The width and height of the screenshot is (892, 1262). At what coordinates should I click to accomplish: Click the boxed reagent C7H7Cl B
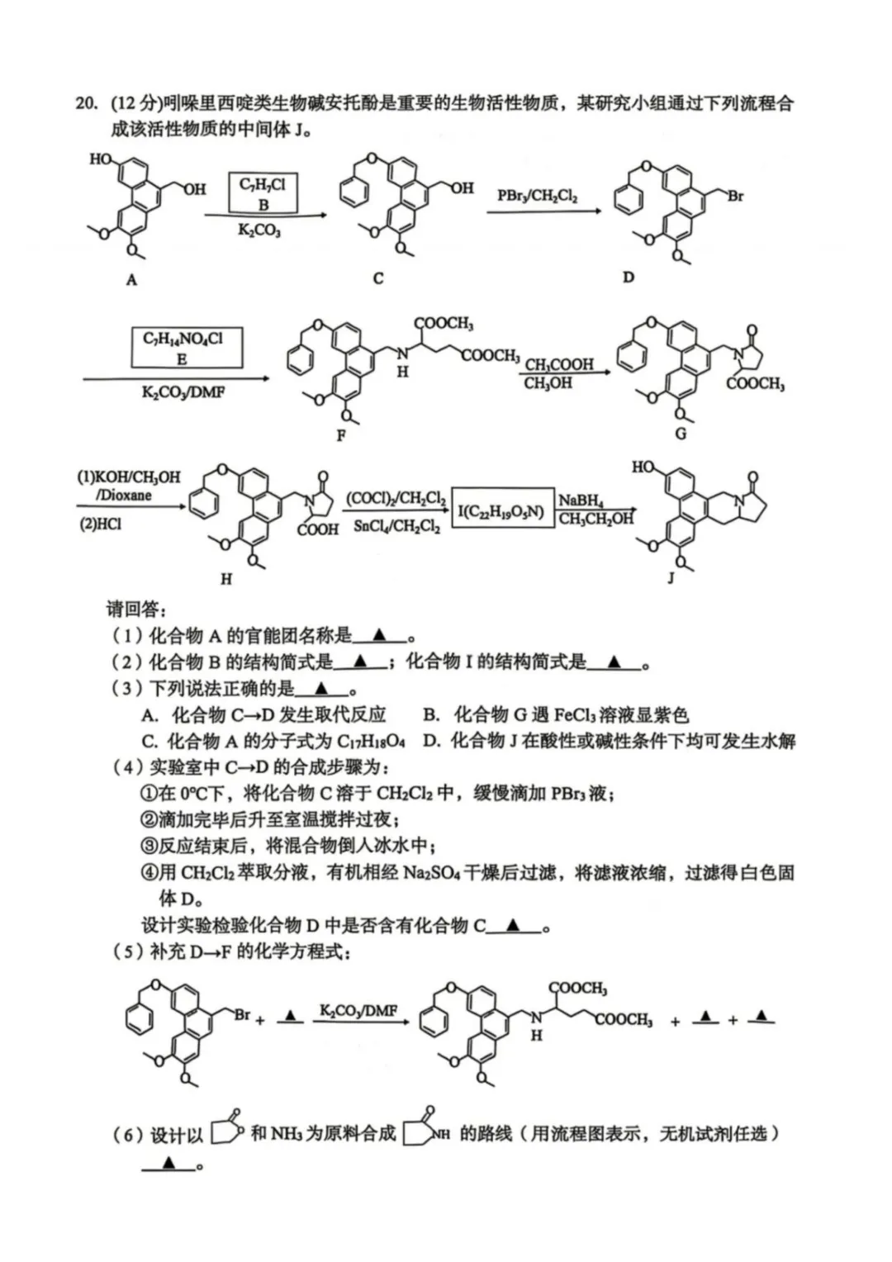pos(263,193)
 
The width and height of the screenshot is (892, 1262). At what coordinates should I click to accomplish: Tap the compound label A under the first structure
pos(131,280)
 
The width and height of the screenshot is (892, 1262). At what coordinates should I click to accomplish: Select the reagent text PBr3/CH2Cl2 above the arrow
pos(537,196)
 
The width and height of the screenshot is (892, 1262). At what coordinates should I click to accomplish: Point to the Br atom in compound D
pos(735,197)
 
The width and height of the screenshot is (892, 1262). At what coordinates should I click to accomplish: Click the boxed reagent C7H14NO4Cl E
pos(183,347)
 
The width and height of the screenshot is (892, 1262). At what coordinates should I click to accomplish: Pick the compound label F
pos(341,435)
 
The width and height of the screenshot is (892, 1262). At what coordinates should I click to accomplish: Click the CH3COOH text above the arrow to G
pos(559,364)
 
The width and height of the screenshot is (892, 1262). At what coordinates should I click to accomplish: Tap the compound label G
pos(681,433)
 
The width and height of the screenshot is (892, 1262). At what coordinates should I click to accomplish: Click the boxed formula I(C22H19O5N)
pos(501,512)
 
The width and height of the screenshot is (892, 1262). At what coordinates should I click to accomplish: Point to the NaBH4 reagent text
pos(581,501)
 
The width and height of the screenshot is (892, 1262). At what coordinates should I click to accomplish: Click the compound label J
pos(671,577)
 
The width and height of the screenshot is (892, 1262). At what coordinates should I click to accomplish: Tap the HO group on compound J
pos(643,467)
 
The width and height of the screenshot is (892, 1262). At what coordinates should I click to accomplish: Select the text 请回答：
pos(136,610)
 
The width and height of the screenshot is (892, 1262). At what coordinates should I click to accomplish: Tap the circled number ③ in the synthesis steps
pos(149,846)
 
